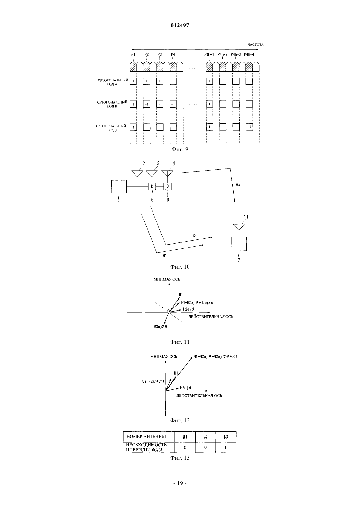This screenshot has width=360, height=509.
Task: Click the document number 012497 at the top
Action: (x=180, y=26)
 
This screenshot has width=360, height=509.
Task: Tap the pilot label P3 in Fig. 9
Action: (x=160, y=54)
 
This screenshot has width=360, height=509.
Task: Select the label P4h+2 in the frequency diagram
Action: (x=223, y=54)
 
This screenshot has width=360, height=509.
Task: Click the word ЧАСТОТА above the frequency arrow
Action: (x=256, y=44)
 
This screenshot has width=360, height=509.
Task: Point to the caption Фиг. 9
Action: (x=180, y=149)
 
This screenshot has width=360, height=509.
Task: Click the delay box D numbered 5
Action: (x=152, y=186)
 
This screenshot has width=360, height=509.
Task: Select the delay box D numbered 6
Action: (x=168, y=186)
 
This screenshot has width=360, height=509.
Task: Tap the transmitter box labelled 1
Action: (x=119, y=186)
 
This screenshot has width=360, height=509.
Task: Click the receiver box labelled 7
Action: (x=239, y=244)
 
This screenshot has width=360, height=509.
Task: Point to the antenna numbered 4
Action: (x=167, y=174)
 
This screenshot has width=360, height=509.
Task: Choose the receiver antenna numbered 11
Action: (x=239, y=227)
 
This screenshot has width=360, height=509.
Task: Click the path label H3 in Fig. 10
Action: (x=238, y=185)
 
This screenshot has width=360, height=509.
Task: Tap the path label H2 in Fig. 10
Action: (x=194, y=236)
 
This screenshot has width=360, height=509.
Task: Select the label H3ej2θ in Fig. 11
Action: (x=160, y=327)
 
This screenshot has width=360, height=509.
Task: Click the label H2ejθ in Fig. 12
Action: (x=186, y=388)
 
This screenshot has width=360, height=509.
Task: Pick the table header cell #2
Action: (x=206, y=437)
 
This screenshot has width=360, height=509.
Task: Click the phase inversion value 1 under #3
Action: (x=226, y=448)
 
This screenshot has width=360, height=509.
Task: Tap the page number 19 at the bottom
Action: (x=180, y=483)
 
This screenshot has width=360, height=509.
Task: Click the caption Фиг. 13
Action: (x=180, y=458)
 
